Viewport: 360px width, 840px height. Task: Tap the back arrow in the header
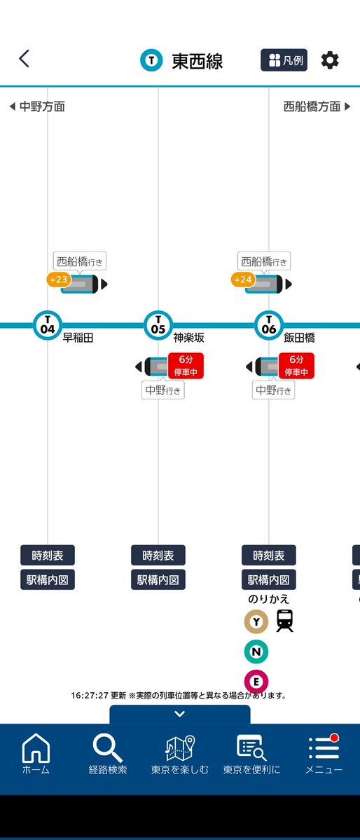(x=24, y=59)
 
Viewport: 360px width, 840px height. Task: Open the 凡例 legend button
(x=284, y=60)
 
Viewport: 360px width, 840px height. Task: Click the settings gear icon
(x=330, y=60)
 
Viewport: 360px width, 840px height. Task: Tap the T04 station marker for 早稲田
(x=48, y=324)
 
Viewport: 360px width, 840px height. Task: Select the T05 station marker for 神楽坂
(x=158, y=324)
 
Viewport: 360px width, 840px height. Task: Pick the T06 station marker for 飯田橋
(x=269, y=324)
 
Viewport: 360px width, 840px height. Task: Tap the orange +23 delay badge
(x=58, y=279)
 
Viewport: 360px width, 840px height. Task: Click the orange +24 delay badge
(x=243, y=279)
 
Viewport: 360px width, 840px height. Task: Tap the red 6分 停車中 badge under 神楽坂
(x=186, y=366)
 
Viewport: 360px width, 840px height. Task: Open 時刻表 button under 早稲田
(x=48, y=556)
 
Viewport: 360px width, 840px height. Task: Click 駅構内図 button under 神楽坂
(x=158, y=579)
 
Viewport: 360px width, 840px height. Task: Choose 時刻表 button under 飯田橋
(x=269, y=556)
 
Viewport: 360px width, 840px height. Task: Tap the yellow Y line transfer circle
(x=256, y=621)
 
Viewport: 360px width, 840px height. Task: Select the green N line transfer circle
(x=256, y=652)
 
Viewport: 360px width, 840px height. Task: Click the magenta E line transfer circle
(x=256, y=682)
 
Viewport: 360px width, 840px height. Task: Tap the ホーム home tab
(x=36, y=755)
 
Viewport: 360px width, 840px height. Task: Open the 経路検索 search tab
(x=108, y=755)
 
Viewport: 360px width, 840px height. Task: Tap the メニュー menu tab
(x=324, y=755)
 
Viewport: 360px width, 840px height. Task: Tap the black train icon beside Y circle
(x=285, y=621)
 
